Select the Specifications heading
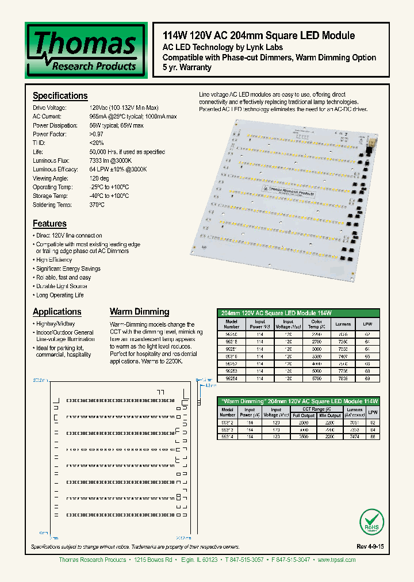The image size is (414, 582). click(x=60, y=96)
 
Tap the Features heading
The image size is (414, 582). click(x=49, y=224)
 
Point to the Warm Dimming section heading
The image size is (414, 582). click(x=139, y=312)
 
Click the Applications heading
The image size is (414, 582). click(x=57, y=312)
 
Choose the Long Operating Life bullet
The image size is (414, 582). click(x=59, y=295)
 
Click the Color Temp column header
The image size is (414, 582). click(x=317, y=324)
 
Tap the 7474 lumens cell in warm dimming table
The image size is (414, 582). click(x=355, y=437)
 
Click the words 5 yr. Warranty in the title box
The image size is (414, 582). click(x=187, y=67)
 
